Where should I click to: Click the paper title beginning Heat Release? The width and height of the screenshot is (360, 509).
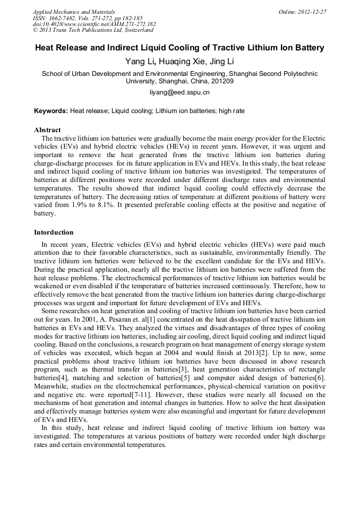pos(179,48)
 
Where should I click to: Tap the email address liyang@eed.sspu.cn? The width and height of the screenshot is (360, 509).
pos(179,92)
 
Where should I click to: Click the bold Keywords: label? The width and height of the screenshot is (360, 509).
pos(51,111)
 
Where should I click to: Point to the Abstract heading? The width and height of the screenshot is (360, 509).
pos(47,130)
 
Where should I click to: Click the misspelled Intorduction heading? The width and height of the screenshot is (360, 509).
pos(54,232)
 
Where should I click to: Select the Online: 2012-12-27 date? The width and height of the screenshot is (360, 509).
pos(302,12)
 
